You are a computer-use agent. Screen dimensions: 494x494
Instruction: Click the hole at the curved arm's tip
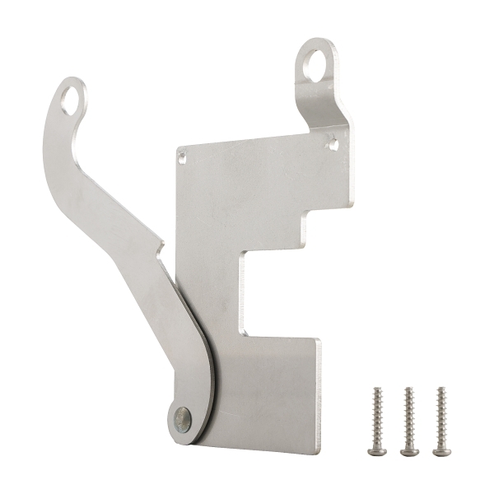pyautogui.click(x=72, y=101)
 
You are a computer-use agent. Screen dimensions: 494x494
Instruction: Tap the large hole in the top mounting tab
pyautogui.click(x=315, y=65)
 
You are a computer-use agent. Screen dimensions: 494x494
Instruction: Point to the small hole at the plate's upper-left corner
pyautogui.click(x=182, y=155)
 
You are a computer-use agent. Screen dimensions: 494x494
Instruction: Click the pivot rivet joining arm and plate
pyautogui.click(x=183, y=420)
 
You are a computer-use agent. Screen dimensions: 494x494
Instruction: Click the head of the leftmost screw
pyautogui.click(x=378, y=450)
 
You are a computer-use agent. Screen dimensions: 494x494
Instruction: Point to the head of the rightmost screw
pyautogui.click(x=441, y=450)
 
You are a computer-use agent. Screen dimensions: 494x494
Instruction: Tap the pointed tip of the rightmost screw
pyautogui.click(x=440, y=389)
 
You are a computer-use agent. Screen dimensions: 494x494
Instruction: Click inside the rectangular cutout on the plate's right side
pyautogui.click(x=276, y=292)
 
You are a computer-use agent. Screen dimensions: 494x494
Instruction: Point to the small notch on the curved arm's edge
pyautogui.click(x=161, y=244)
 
